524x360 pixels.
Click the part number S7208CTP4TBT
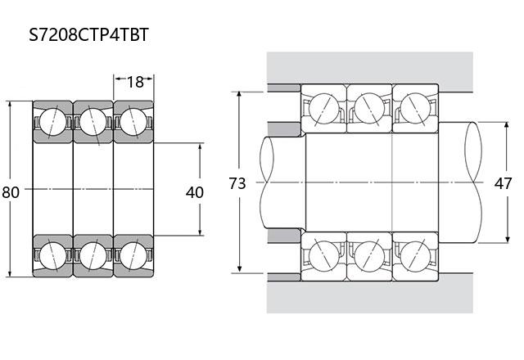(88, 34)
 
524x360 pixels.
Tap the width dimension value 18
(135, 82)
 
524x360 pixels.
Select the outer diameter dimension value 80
(11, 192)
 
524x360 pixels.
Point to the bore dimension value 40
(195, 192)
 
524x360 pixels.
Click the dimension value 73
(237, 183)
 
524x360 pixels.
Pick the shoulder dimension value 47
(503, 183)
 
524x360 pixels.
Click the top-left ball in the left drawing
(52, 122)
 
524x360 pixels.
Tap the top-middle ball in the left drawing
(93, 122)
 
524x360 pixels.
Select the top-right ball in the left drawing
(133, 122)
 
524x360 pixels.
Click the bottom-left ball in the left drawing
(52, 256)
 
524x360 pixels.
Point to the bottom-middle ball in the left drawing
(93, 256)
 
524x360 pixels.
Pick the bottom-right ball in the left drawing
(133, 256)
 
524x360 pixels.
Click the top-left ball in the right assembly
(324, 108)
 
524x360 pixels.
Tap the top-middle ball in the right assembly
(369, 108)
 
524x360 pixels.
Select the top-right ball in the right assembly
(415, 108)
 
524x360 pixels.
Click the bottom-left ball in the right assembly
(324, 256)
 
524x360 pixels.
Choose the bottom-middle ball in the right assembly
(369, 256)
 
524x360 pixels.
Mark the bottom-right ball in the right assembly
(415, 256)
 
